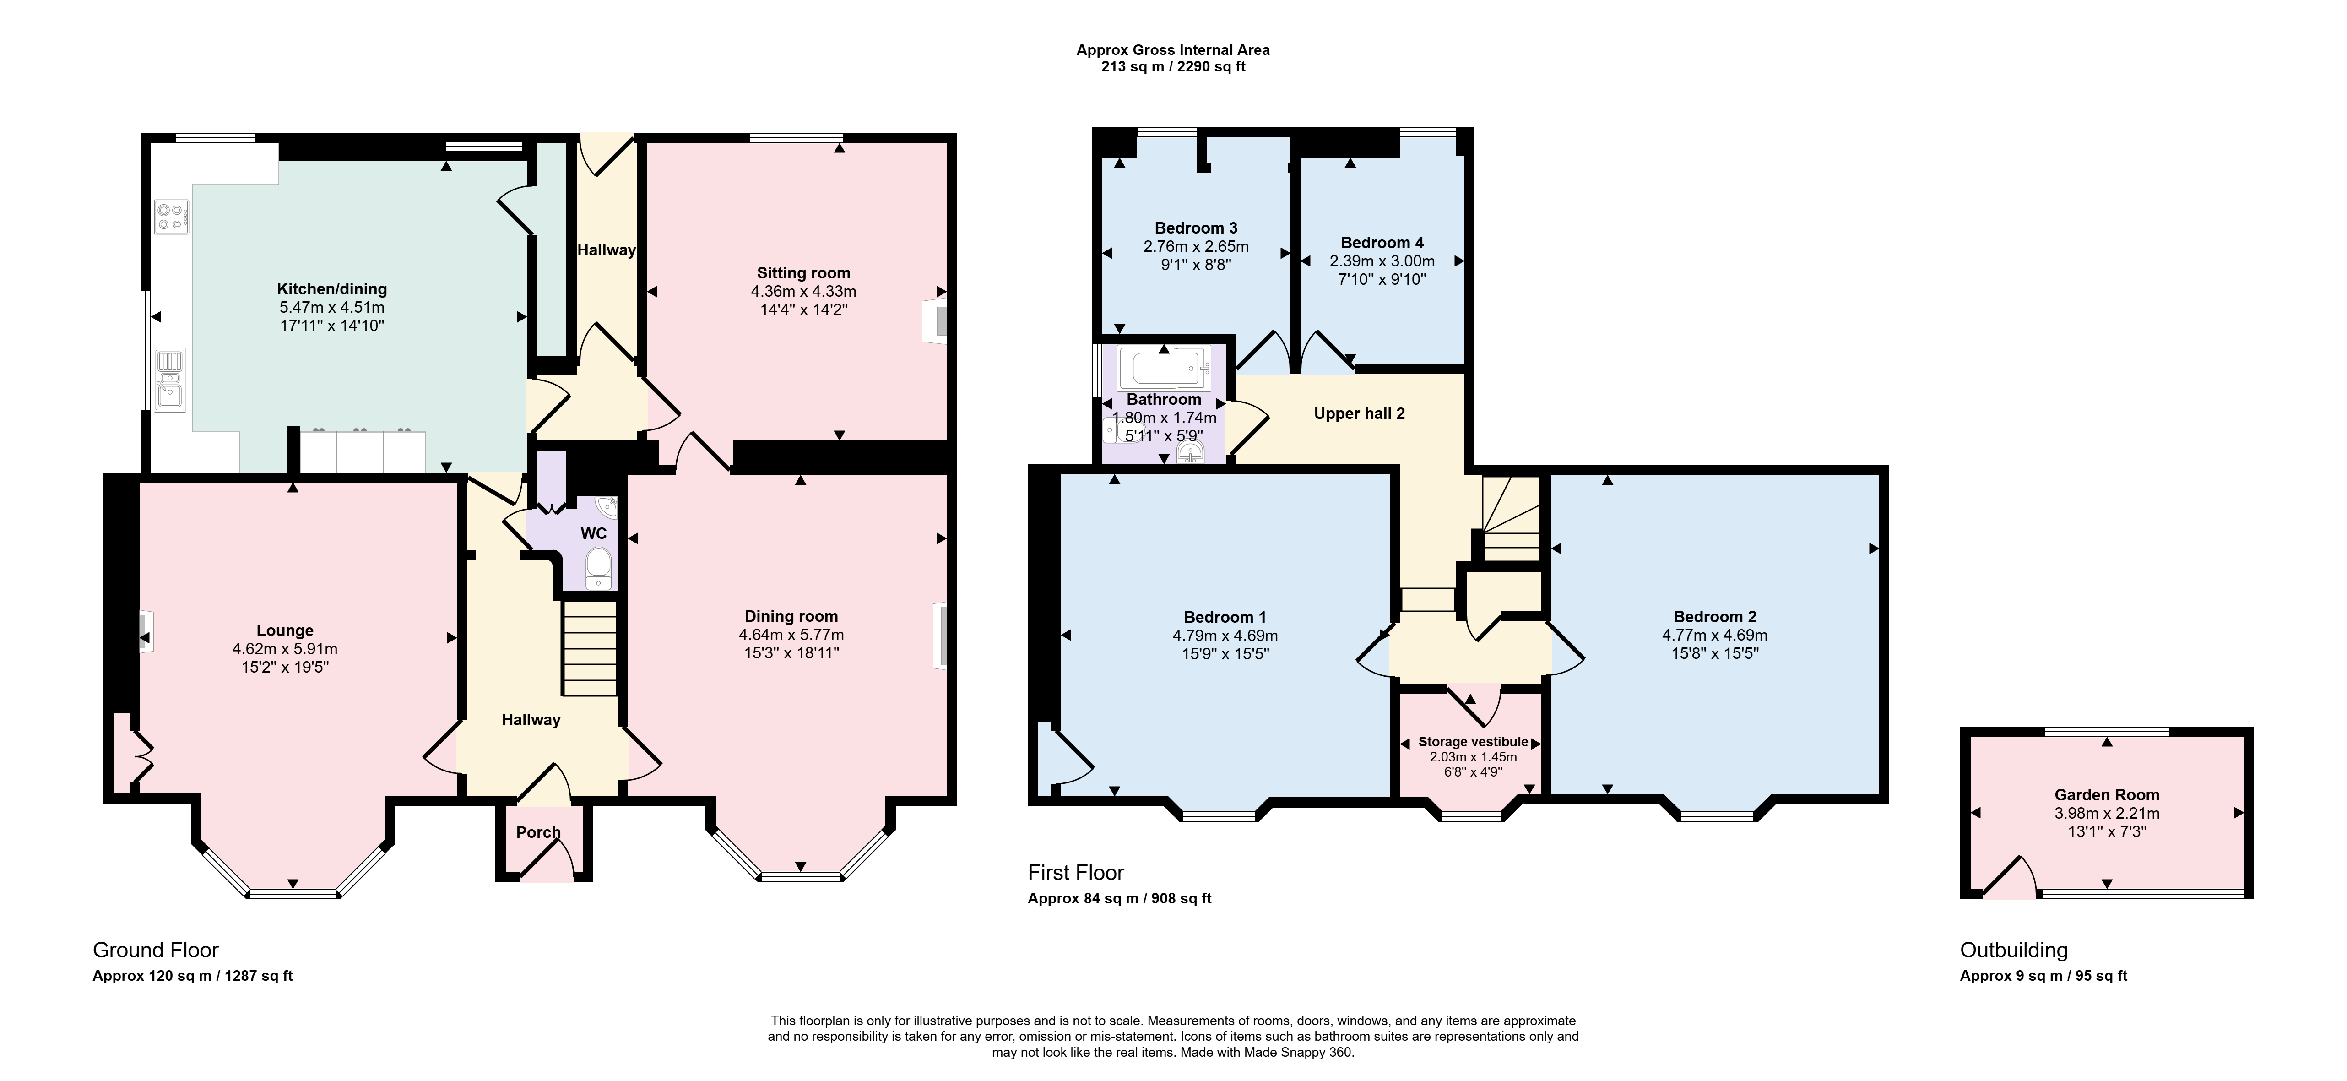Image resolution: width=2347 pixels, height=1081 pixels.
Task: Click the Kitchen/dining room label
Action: coord(331,289)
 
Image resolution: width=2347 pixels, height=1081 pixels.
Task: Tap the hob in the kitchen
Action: coord(171,216)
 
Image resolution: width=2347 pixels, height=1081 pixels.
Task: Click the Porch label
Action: coord(538,832)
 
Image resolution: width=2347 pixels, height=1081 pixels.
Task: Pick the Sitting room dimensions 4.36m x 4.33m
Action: coord(803,292)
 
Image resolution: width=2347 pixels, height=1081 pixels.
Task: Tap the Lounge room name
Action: coord(285,631)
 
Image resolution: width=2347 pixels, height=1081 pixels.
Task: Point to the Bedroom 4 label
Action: coord(1382,243)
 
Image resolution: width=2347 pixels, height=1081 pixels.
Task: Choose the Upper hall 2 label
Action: coord(1360,414)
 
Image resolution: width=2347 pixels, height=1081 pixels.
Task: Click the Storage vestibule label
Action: coord(1473,742)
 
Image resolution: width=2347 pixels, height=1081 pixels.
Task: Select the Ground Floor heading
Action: coord(156,951)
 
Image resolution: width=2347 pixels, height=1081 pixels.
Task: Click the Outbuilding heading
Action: coord(2014,951)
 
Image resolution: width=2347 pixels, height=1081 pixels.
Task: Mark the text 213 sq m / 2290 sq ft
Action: coord(1174,66)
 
